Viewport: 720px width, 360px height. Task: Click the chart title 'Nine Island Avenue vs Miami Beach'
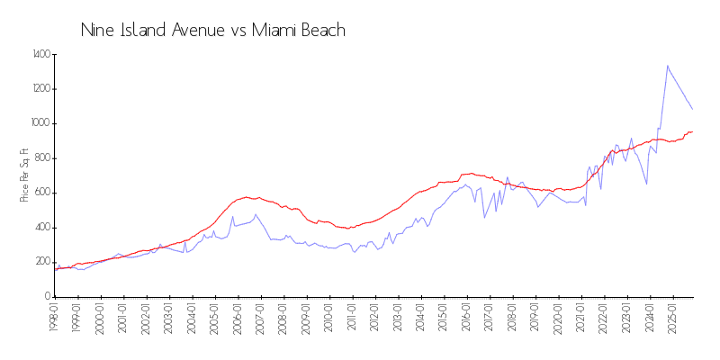point(213,31)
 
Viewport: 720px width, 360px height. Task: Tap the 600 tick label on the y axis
point(41,193)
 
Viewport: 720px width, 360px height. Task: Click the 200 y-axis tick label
point(41,262)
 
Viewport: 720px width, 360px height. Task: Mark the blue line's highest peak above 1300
point(667,66)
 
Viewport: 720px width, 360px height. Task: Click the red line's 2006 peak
point(243,197)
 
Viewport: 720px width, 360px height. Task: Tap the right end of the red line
point(692,131)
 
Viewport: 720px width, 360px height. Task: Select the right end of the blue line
point(692,110)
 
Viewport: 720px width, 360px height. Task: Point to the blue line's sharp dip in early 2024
point(646,184)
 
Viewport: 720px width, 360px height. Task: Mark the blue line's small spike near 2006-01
point(232,216)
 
